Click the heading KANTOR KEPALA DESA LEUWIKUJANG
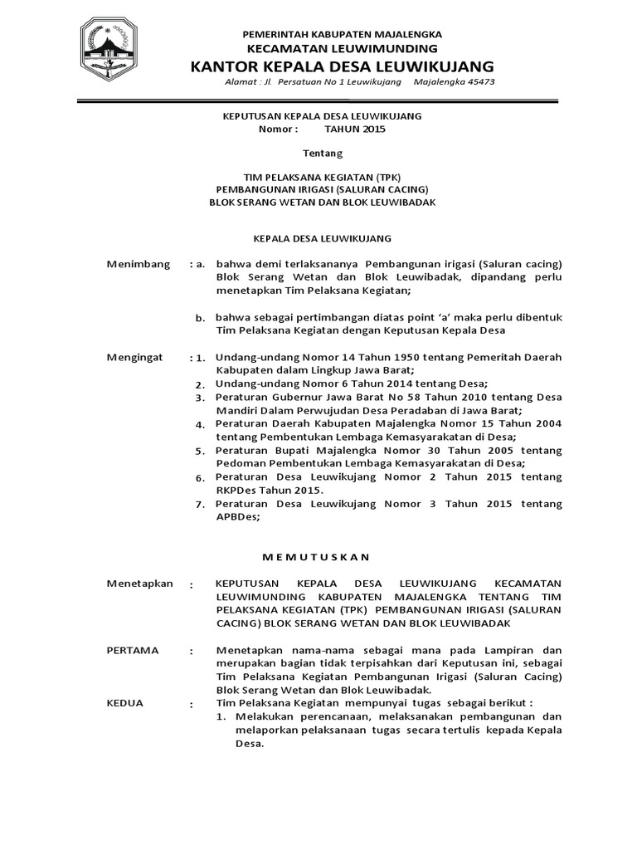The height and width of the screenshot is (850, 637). coord(342,66)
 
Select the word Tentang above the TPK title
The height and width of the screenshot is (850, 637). coord(320,154)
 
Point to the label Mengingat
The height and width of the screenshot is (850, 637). coord(136,357)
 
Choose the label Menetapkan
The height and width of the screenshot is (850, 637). coord(140,584)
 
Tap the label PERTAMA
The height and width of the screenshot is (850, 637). coord(133,650)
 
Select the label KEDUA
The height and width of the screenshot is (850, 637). coord(125,703)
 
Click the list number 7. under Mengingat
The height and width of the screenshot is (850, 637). coord(200,505)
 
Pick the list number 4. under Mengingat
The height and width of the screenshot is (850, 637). coord(200,424)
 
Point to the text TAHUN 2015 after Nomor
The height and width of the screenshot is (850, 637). coord(355,129)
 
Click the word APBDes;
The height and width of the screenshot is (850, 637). coord(237,516)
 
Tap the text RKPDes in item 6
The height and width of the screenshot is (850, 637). coord(235,490)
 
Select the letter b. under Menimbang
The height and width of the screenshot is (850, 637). coord(200,318)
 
